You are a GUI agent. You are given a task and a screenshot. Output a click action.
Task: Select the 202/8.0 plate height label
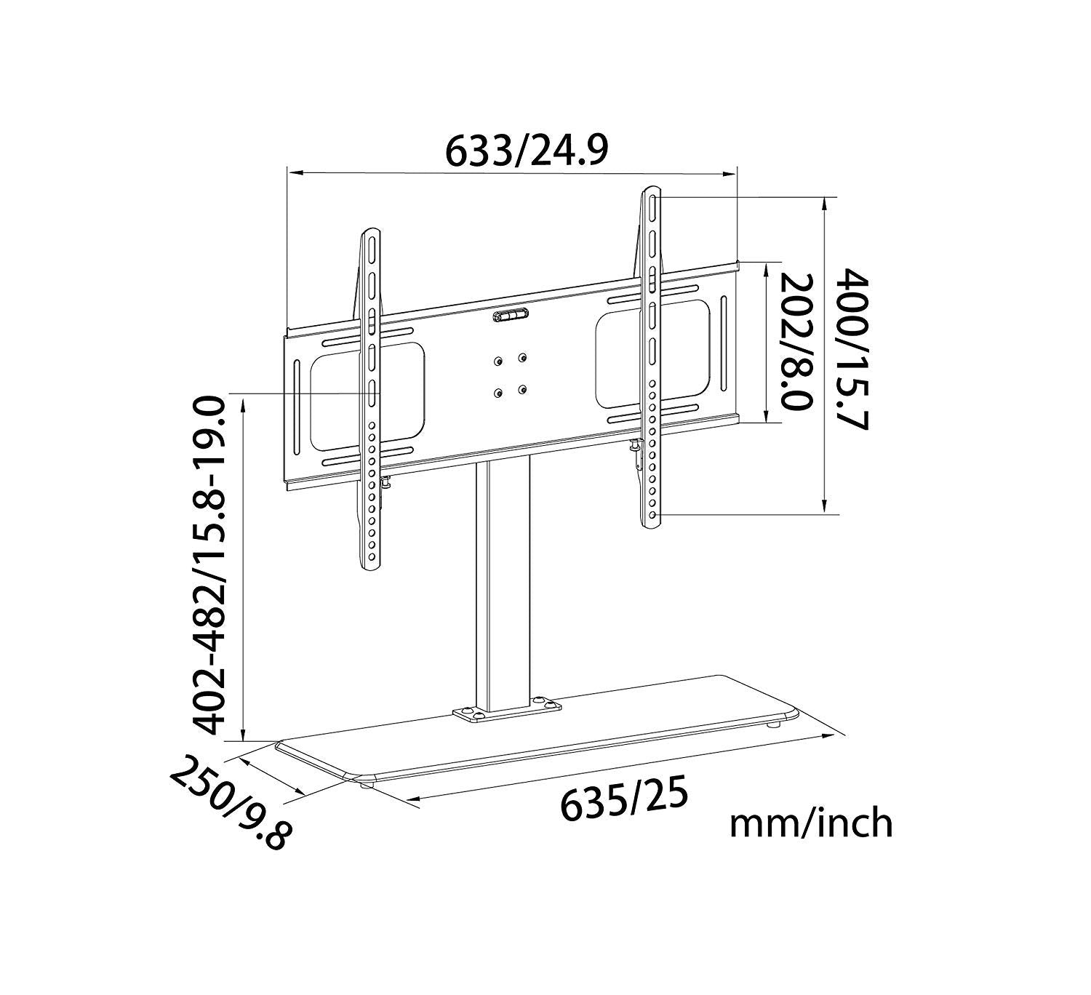pyautogui.click(x=795, y=342)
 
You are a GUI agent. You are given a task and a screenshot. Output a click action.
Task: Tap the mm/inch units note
pyautogui.click(x=810, y=823)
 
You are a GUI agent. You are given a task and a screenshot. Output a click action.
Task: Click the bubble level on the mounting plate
pyautogui.click(x=511, y=316)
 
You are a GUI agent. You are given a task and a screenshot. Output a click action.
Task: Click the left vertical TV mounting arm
pyautogui.click(x=372, y=400)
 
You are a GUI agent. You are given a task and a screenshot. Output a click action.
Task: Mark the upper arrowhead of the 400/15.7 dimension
pyautogui.click(x=824, y=204)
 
